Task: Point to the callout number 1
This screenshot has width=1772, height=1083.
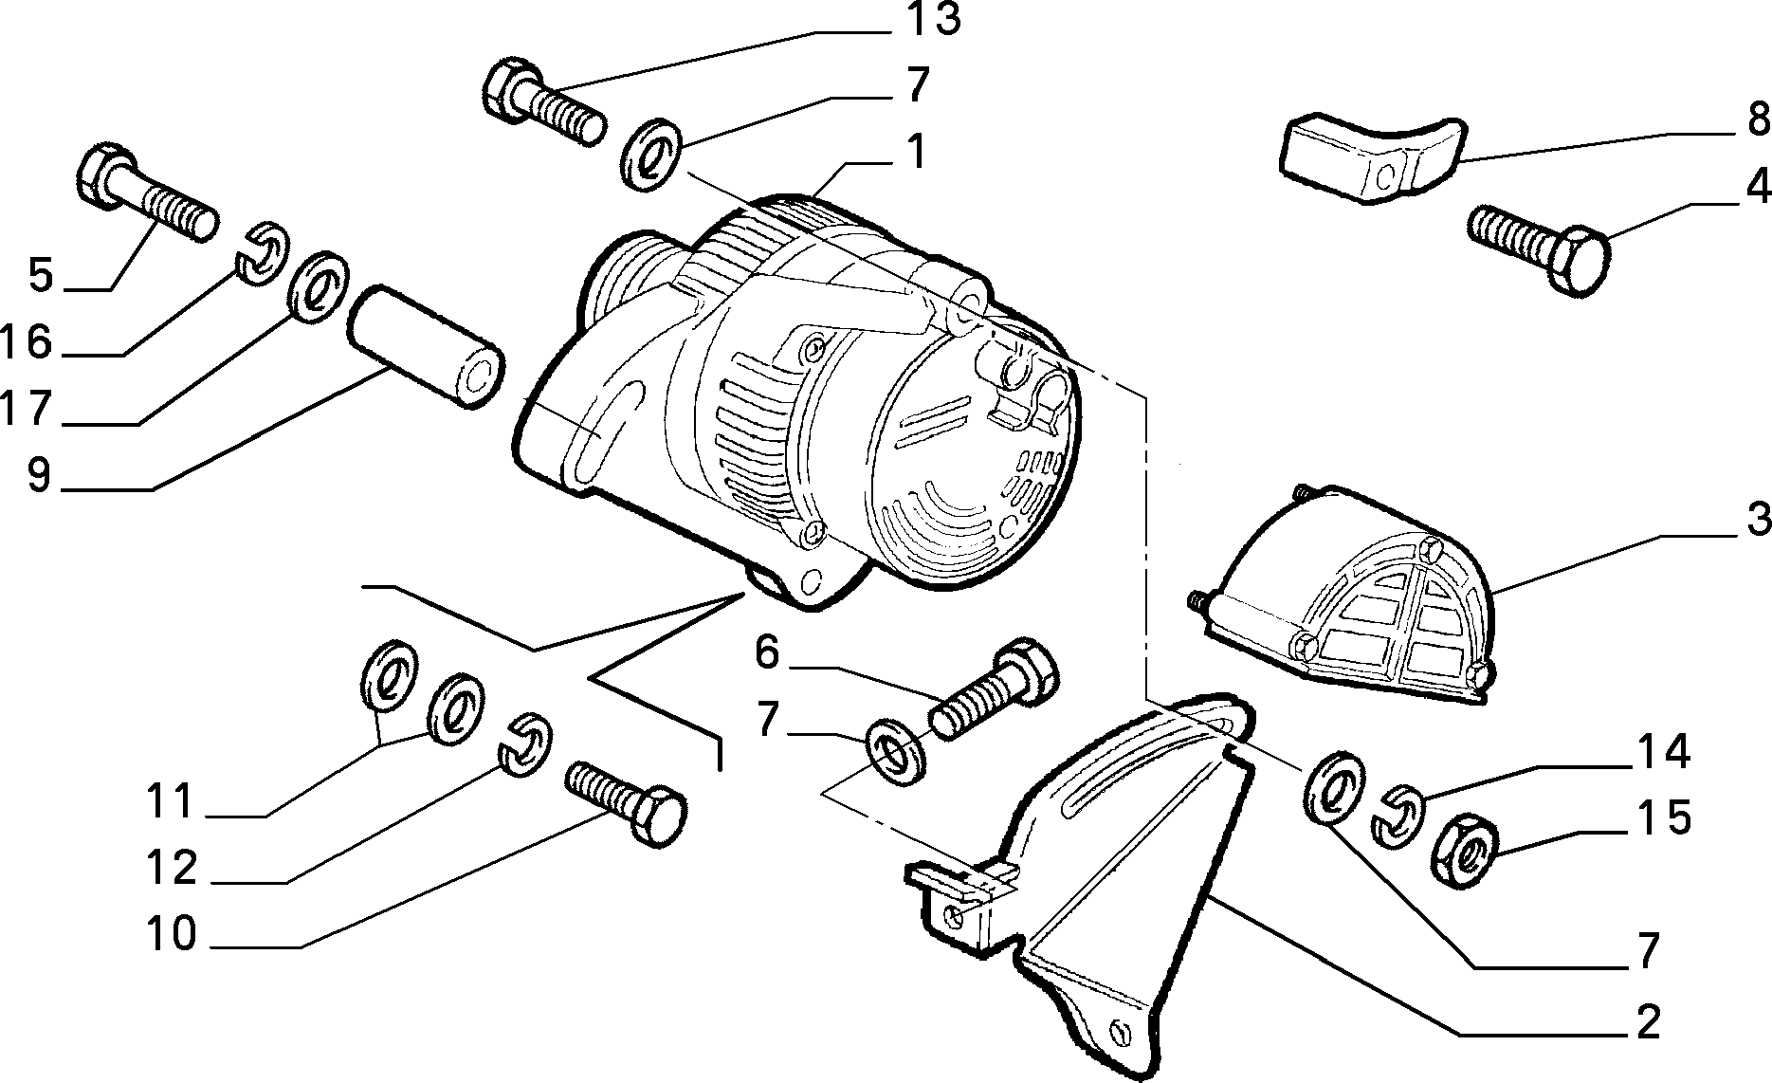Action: [x=916, y=153]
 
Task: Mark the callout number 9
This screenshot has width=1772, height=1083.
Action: [x=39, y=475]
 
